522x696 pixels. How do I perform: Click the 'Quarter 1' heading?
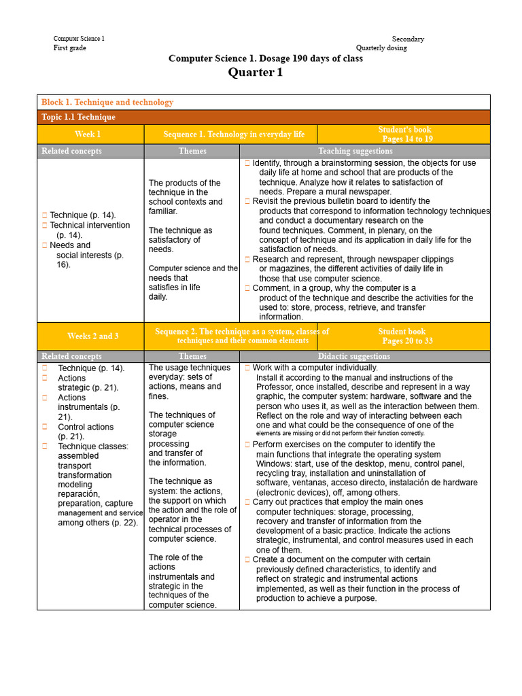(x=256, y=73)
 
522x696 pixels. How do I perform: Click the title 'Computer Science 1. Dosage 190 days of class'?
(x=265, y=58)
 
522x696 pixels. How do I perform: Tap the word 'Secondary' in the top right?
(x=408, y=39)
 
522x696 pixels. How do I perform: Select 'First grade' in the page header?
(x=70, y=48)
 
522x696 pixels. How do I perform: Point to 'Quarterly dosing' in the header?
(x=381, y=48)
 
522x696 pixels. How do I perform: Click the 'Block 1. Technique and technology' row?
(x=107, y=102)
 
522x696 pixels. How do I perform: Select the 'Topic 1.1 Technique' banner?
(x=78, y=117)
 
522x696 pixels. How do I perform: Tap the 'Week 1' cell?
(x=88, y=135)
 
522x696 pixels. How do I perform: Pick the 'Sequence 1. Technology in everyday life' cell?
(x=234, y=135)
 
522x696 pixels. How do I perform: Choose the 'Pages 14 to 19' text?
(x=407, y=139)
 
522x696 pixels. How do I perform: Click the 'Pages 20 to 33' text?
(x=407, y=341)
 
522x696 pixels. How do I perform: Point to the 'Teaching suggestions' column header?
(x=355, y=151)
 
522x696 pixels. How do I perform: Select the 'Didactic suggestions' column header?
(x=354, y=356)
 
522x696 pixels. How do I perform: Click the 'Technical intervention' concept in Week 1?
(x=90, y=225)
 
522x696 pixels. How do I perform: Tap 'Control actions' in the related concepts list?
(x=86, y=427)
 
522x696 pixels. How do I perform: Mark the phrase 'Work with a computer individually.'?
(x=315, y=368)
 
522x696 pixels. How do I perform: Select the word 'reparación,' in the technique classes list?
(x=79, y=494)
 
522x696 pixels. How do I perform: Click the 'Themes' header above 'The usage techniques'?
(x=192, y=356)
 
